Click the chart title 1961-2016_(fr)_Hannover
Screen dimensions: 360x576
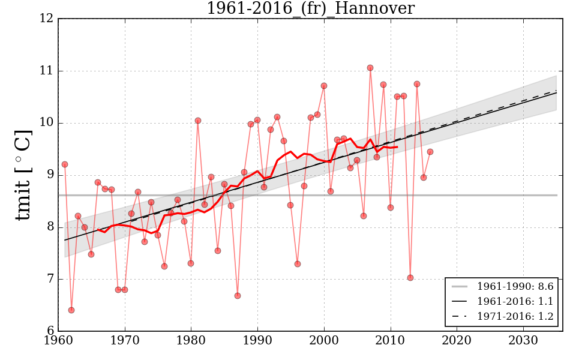tap(310, 8)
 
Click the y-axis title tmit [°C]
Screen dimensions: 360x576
tap(23, 175)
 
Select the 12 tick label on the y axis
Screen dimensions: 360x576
tap(47, 19)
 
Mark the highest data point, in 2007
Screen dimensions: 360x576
tap(370, 68)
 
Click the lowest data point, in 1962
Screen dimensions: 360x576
tap(71, 310)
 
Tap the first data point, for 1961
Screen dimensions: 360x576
tap(65, 164)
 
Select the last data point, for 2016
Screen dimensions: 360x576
tap(430, 152)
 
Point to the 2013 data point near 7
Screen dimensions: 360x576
tap(410, 278)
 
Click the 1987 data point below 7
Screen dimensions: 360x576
tap(238, 296)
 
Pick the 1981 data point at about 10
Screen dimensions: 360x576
tap(198, 121)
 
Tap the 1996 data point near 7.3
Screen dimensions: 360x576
tap(298, 264)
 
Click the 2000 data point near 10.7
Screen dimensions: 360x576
tap(324, 86)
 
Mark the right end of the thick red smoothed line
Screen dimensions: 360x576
tap(397, 146)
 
